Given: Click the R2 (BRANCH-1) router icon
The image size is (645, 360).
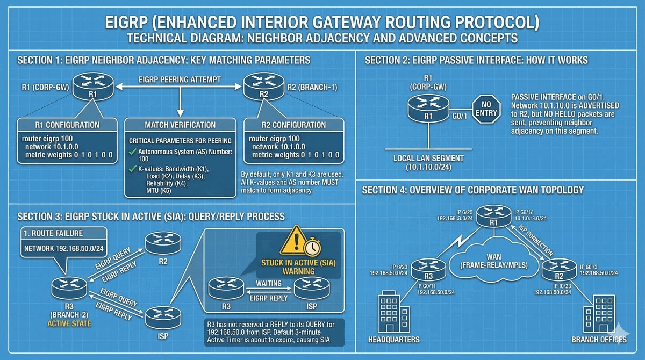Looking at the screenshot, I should click(x=257, y=87).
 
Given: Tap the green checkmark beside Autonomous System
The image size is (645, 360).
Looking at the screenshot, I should click(x=131, y=153).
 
